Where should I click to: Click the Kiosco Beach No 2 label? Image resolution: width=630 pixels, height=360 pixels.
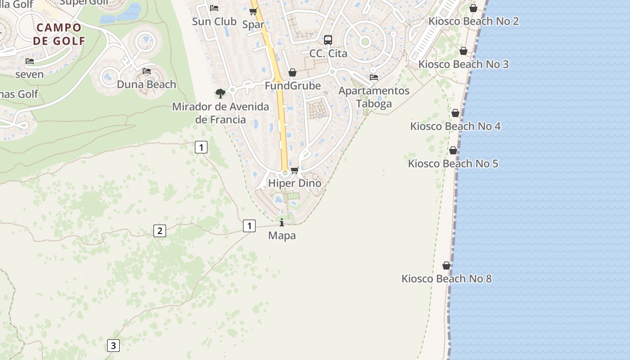point(473,21)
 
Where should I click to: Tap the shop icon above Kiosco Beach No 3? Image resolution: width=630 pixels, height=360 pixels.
point(463,51)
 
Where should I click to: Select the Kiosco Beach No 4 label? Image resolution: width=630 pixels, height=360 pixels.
point(455,126)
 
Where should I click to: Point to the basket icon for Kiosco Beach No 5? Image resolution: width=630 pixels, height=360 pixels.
point(453,150)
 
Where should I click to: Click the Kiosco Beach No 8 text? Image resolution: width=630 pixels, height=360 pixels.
point(446,279)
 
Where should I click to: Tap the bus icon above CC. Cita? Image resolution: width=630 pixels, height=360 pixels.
point(328,40)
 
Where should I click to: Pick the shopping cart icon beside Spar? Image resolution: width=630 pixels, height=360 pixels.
point(253,12)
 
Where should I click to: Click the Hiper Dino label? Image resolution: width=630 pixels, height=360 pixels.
point(295,183)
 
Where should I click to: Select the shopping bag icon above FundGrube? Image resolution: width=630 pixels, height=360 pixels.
point(292,72)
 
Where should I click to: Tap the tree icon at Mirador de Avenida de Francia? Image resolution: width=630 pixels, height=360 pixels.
point(220,94)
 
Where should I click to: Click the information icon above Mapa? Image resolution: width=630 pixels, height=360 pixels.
point(282,222)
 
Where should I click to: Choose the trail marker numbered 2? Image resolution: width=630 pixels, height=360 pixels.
point(159,231)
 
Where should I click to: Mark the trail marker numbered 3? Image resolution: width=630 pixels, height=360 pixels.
point(113,346)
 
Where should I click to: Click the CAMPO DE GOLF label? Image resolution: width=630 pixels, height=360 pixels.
point(59,34)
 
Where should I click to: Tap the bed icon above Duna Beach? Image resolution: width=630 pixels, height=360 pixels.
point(147,71)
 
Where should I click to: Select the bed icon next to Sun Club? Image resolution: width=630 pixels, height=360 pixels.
point(214,8)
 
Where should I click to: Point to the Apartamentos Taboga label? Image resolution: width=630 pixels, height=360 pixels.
point(373,97)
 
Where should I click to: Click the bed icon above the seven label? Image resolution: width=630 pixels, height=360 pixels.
point(30,61)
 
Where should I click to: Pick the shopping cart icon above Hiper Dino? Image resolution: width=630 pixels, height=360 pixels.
point(295,170)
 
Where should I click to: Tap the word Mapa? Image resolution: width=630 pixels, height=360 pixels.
point(282,235)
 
